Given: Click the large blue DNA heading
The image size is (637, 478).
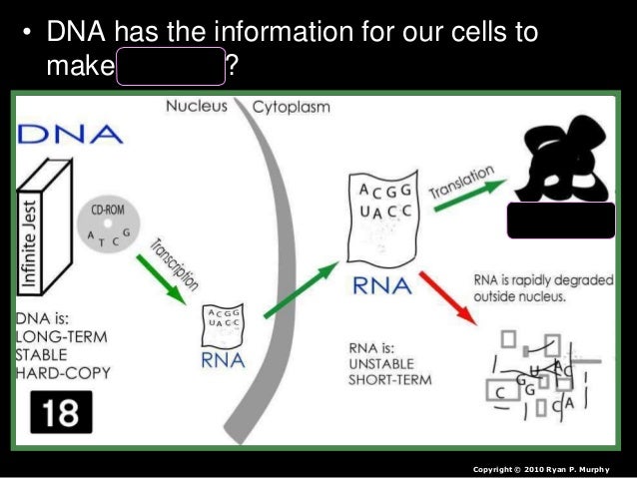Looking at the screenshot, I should [x=70, y=133].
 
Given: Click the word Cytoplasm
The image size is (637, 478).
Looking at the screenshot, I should [x=292, y=106].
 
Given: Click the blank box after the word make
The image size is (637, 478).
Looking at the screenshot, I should [x=171, y=68].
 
